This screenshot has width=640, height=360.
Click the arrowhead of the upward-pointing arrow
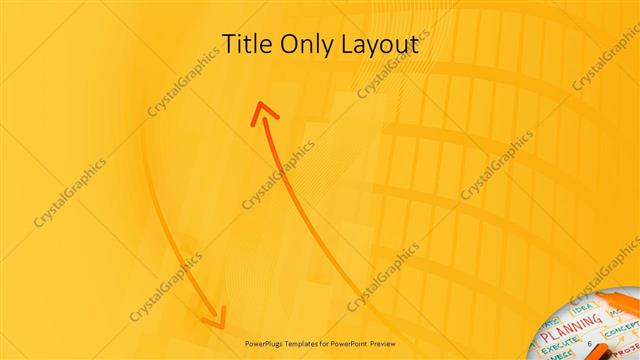click(x=263, y=112)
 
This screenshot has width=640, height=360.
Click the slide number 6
click(x=590, y=343)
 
